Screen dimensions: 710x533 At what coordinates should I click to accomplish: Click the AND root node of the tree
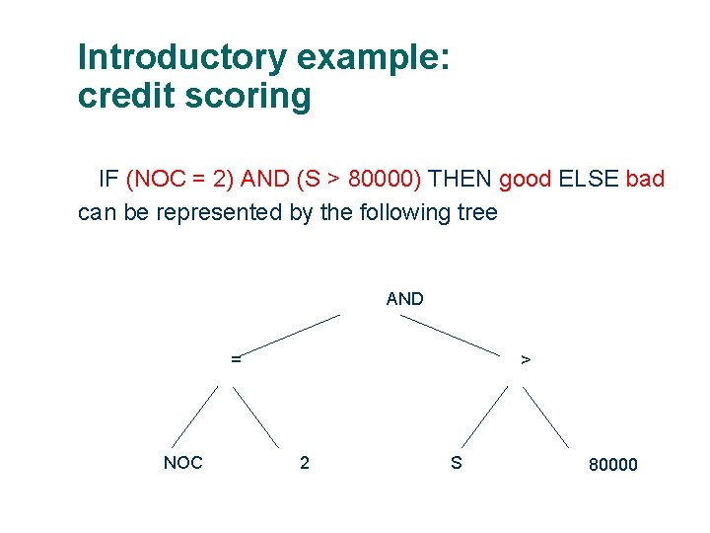coord(404,298)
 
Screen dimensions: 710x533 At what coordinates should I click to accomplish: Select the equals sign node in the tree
coord(236,359)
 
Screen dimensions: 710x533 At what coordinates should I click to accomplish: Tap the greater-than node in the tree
coord(526,360)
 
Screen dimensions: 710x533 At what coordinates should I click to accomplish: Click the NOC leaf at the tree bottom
coord(182,462)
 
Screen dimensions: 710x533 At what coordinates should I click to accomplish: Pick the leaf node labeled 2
coord(304,462)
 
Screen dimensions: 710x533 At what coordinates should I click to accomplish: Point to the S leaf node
coord(456,462)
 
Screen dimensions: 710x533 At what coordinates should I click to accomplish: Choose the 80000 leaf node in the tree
coord(612,464)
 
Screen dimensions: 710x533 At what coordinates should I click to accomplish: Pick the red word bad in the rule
coord(645,180)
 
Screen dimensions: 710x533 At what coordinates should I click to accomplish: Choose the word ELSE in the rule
coord(589,180)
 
